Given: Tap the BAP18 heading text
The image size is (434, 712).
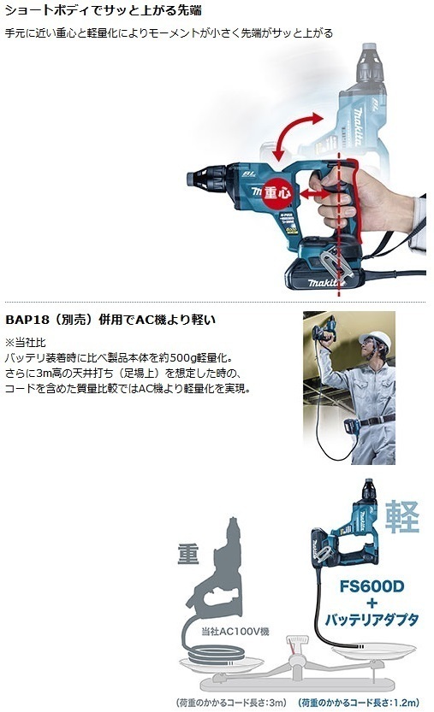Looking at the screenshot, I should (110, 320).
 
